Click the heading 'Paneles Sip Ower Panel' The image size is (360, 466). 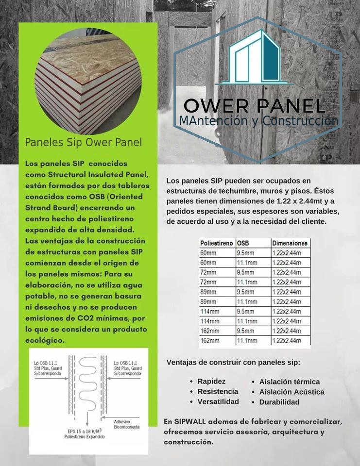(x=84, y=143)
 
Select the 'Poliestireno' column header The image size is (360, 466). (x=216, y=243)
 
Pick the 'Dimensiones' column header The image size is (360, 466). (x=290, y=243)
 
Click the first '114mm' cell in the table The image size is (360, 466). (x=210, y=312)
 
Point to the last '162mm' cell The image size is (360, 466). (x=210, y=341)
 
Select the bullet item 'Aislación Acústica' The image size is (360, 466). (x=291, y=392)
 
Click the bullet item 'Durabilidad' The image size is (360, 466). (x=279, y=402)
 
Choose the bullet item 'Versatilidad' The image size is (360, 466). (x=218, y=401)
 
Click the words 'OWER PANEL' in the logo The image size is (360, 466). (x=255, y=106)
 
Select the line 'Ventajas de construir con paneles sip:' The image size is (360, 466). (x=233, y=363)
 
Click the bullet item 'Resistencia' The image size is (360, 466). (x=218, y=391)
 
